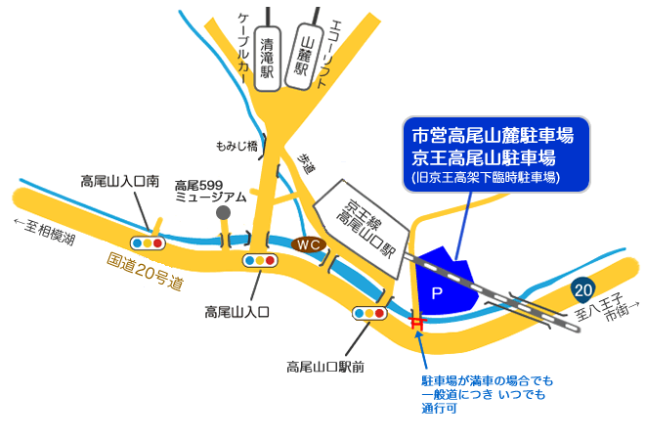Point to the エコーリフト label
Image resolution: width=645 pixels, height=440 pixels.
[x=335, y=50]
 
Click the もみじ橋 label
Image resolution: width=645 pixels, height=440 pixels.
[x=236, y=146]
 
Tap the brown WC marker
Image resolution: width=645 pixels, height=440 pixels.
[x=309, y=243]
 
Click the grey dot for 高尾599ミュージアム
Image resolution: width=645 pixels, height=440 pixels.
[x=224, y=212]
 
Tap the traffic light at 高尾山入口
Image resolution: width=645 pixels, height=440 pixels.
[x=261, y=261]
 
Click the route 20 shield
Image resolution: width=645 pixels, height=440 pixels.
[x=582, y=289]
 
